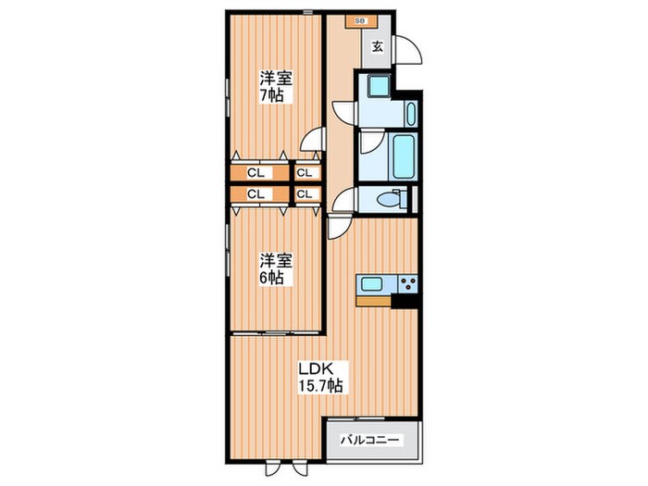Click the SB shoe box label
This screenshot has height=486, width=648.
click(x=360, y=21)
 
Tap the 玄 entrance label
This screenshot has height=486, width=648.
click(x=377, y=47)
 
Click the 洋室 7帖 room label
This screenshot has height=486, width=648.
click(x=276, y=87)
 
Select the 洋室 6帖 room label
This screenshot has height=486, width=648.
click(x=276, y=269)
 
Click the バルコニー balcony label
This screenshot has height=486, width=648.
click(x=370, y=440)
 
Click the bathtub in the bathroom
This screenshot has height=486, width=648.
click(x=403, y=156)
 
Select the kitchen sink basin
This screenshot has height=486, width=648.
click(x=373, y=284)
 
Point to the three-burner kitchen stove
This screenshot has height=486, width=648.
click(x=408, y=284)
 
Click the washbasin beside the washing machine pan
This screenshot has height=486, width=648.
click(x=411, y=114)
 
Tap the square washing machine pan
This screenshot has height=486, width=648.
click(x=379, y=86)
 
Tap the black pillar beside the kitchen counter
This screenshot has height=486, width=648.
click(x=405, y=301)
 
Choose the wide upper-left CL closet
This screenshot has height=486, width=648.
click(x=259, y=173)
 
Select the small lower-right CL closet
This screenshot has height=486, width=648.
click(x=308, y=194)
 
